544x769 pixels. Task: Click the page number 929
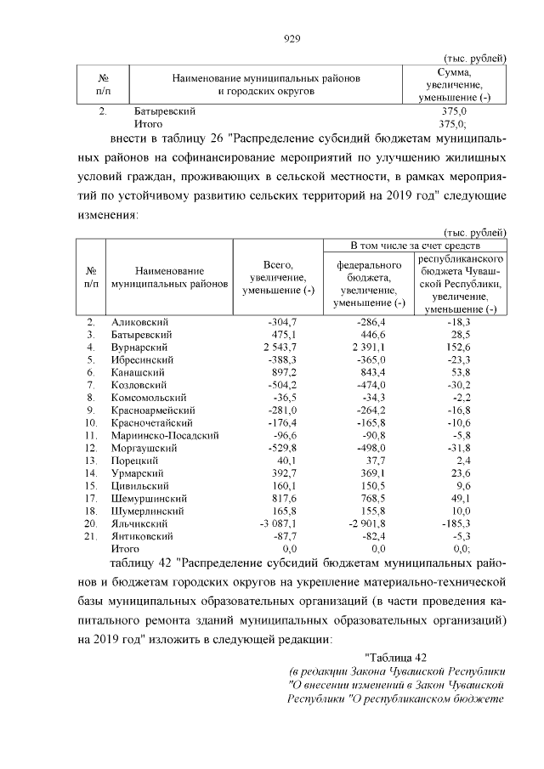coord(293,37)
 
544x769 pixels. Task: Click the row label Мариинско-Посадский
coord(165,435)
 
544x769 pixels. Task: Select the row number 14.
coord(91,473)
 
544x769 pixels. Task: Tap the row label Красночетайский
coord(152,422)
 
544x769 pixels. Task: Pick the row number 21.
coord(91,536)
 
